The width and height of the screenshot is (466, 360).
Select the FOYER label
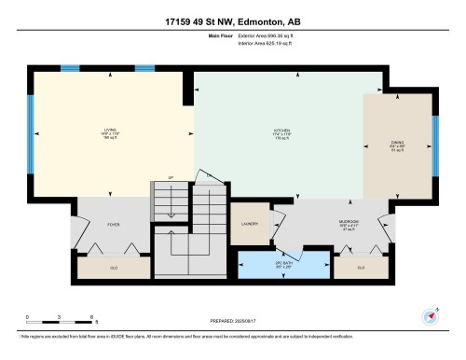[x=114, y=225]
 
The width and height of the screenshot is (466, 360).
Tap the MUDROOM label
[x=349, y=224]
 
